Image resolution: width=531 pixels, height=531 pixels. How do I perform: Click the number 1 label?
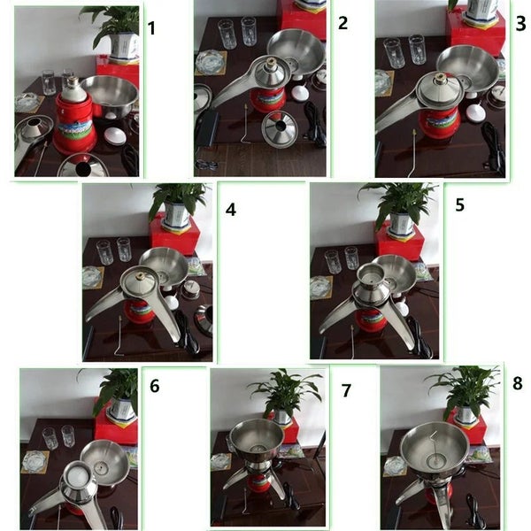pyautogui.click(x=151, y=28)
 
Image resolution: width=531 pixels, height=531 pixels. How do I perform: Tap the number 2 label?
pyautogui.click(x=342, y=23)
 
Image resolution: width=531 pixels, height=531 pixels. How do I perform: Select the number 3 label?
pyautogui.click(x=521, y=24)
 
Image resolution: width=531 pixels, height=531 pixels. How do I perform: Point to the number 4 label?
pyautogui.click(x=231, y=210)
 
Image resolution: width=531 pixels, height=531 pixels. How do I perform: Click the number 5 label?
pyautogui.click(x=459, y=205)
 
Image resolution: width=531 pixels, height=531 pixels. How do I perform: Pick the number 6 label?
pyautogui.click(x=154, y=386)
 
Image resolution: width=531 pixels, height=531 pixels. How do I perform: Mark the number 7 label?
pyautogui.click(x=346, y=390)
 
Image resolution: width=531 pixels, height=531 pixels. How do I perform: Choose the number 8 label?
pyautogui.click(x=518, y=383)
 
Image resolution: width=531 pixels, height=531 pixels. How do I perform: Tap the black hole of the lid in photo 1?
pyautogui.click(x=83, y=169)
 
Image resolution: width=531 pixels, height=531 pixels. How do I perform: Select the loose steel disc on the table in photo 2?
pyautogui.click(x=280, y=129)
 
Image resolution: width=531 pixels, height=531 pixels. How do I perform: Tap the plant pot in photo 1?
pyautogui.click(x=124, y=46)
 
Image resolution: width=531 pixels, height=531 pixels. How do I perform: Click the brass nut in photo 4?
pyautogui.click(x=141, y=275)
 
